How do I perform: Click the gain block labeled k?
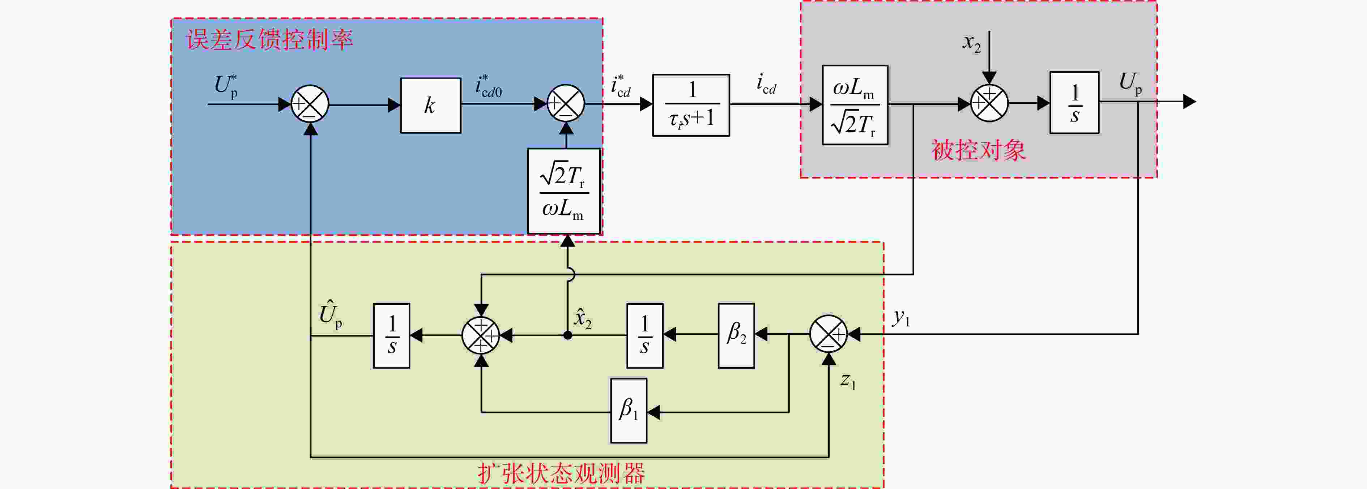tap(430, 105)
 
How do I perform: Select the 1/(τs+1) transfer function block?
tap(691, 105)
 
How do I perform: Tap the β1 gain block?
tap(628, 411)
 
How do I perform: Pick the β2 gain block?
tap(736, 335)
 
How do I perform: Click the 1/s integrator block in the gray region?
tap(1074, 102)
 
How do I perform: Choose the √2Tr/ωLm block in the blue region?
tap(564, 191)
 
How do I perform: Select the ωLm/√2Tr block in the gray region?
tap(855, 105)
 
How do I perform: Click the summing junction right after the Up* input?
tap(310, 103)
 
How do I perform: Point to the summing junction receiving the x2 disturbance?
tap(989, 103)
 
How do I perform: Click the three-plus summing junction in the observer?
tap(481, 335)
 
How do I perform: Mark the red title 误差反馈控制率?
tap(269, 40)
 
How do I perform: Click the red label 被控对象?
tap(979, 150)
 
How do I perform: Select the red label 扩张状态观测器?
tap(561, 473)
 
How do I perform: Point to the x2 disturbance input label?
tap(972, 42)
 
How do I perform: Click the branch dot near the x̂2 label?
tap(568, 335)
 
